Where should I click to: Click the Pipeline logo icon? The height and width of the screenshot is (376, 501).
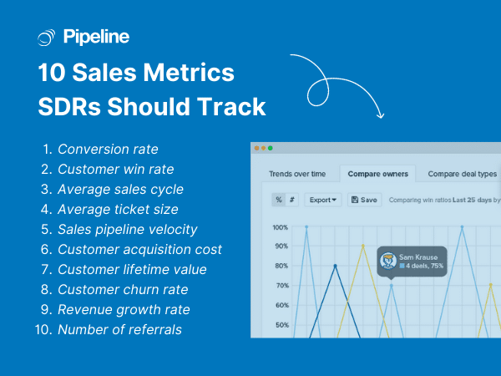coord(48,37)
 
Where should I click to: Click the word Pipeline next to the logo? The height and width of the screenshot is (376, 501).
coord(95,37)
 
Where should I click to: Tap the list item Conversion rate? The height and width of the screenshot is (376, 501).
coord(107,150)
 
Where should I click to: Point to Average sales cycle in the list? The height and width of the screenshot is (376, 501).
coord(120,190)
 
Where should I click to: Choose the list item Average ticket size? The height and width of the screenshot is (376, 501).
coord(118,210)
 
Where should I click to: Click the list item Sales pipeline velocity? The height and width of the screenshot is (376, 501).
coord(128,230)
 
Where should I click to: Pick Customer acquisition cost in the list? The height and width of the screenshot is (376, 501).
coord(139,250)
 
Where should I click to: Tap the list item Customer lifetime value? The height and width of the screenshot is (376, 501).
coord(132,270)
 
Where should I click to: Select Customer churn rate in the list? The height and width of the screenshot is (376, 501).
coord(123,290)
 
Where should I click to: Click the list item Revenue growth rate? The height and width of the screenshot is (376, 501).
coord(124,310)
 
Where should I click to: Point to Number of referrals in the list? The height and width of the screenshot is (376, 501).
coord(119,330)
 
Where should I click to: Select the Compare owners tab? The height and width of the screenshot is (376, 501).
coord(378,174)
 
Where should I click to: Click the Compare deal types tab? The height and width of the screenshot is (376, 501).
coord(462,174)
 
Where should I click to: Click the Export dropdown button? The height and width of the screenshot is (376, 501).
coord(323,200)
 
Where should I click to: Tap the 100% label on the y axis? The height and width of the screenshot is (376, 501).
coord(280,227)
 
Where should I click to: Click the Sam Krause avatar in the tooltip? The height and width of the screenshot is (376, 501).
coord(388,260)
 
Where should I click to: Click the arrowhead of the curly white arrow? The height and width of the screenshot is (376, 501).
coord(380,114)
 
